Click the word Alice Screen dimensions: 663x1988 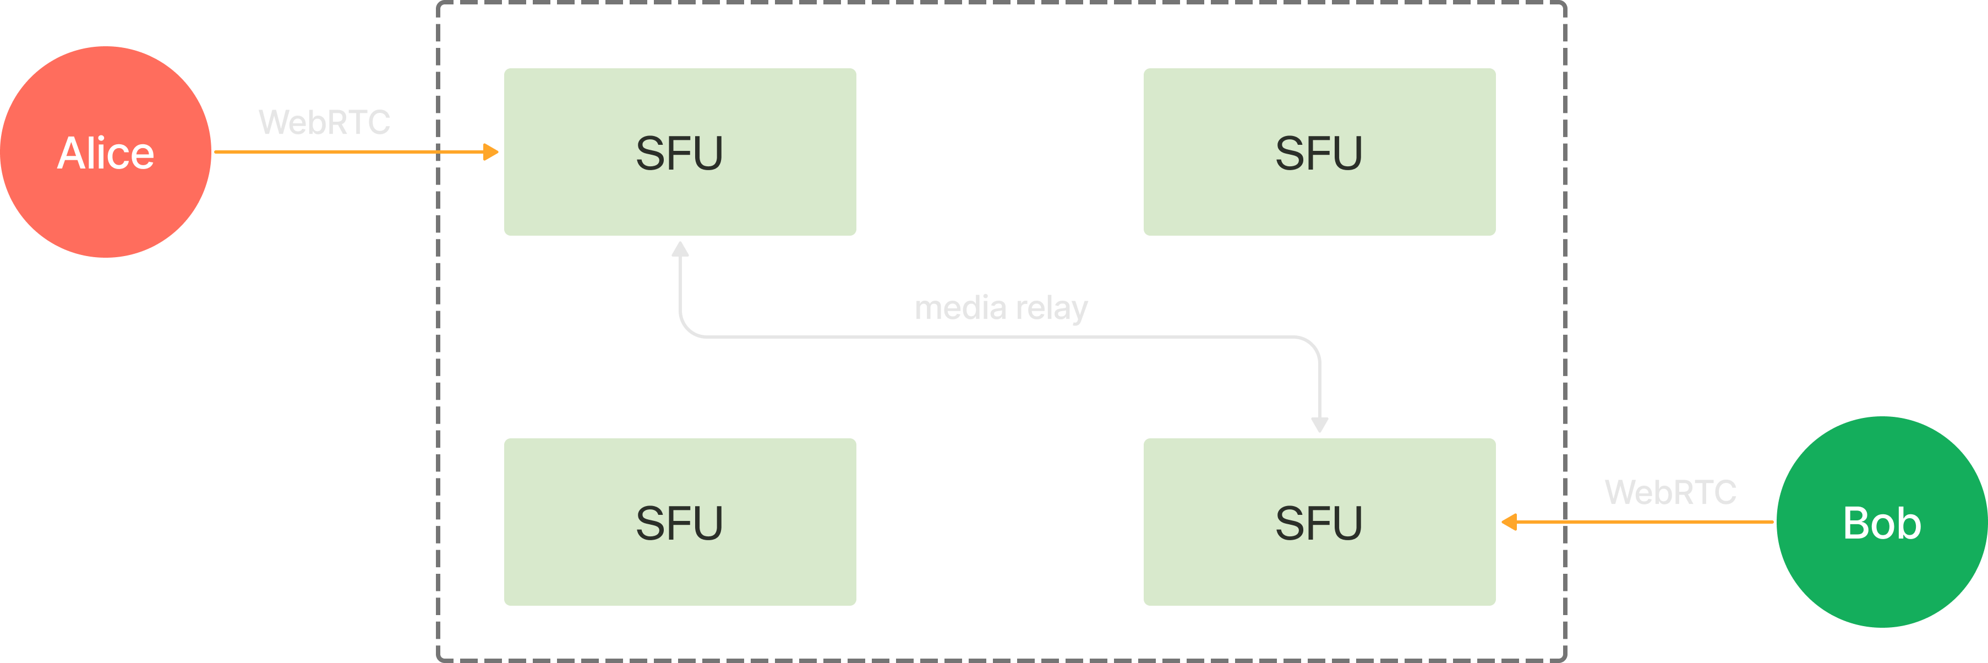(106, 153)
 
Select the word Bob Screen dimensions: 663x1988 (1881, 523)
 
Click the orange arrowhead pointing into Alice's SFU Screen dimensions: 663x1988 (491, 152)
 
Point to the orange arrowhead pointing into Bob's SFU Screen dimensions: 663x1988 (1509, 523)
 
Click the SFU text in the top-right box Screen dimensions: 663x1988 (1319, 153)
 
